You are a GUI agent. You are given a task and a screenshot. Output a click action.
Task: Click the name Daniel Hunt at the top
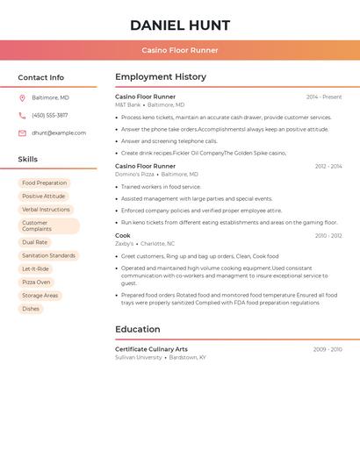click(x=180, y=25)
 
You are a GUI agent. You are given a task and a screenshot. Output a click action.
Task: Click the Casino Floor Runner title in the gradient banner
click(x=180, y=50)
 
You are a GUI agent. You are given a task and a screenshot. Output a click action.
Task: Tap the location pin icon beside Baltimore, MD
click(x=22, y=97)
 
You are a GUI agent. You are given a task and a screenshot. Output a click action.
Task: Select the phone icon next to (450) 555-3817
click(x=22, y=115)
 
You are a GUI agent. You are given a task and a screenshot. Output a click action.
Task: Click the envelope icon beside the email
click(x=22, y=133)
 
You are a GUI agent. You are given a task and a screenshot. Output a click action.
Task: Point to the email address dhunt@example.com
click(x=59, y=133)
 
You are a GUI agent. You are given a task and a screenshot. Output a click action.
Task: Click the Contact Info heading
click(x=41, y=77)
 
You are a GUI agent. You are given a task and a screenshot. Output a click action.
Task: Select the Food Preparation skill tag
click(x=44, y=183)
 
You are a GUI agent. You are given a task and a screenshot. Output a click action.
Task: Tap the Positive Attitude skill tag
click(x=43, y=197)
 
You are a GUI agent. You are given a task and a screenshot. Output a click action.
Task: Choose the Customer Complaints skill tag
click(x=48, y=225)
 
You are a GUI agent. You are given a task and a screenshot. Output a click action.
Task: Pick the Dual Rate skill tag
click(x=35, y=242)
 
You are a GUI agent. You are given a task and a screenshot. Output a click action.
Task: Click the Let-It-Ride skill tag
click(x=36, y=268)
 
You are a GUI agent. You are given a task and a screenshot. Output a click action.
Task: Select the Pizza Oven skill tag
click(x=36, y=283)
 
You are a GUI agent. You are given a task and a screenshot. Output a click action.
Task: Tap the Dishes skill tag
click(x=31, y=309)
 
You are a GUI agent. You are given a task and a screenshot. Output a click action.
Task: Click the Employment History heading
click(x=161, y=77)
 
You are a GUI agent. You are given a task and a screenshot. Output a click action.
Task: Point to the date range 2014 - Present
click(x=324, y=97)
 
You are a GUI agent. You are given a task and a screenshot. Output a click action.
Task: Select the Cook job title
click(x=123, y=235)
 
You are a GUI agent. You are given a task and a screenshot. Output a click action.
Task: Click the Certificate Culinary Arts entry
click(x=151, y=349)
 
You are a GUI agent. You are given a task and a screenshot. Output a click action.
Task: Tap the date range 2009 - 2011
click(x=328, y=349)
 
